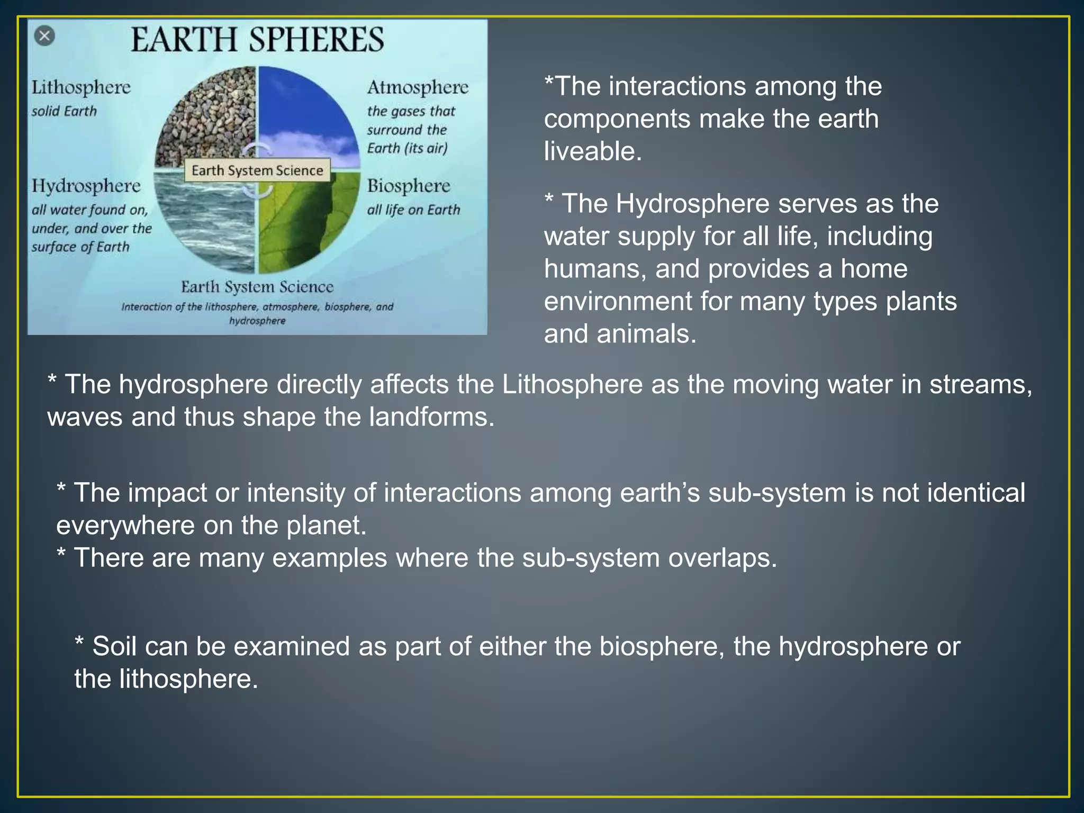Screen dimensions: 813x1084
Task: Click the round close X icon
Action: point(44,36)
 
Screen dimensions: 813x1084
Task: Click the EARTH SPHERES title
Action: point(257,40)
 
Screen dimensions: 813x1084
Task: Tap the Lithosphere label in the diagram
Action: point(80,87)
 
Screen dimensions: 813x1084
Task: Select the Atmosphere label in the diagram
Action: point(418,87)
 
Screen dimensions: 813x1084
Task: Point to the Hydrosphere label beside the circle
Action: point(86,186)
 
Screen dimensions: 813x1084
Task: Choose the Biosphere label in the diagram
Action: point(409,186)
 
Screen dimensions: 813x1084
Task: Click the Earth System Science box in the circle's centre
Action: point(257,170)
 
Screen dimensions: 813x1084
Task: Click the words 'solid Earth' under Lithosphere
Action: point(64,111)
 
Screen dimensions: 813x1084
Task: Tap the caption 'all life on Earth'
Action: point(413,210)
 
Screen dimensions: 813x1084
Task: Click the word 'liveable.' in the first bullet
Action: point(593,151)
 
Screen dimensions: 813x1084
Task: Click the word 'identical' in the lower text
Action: point(977,493)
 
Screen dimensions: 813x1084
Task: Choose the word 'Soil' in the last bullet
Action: point(115,646)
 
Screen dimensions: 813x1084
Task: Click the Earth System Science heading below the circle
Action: point(257,287)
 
